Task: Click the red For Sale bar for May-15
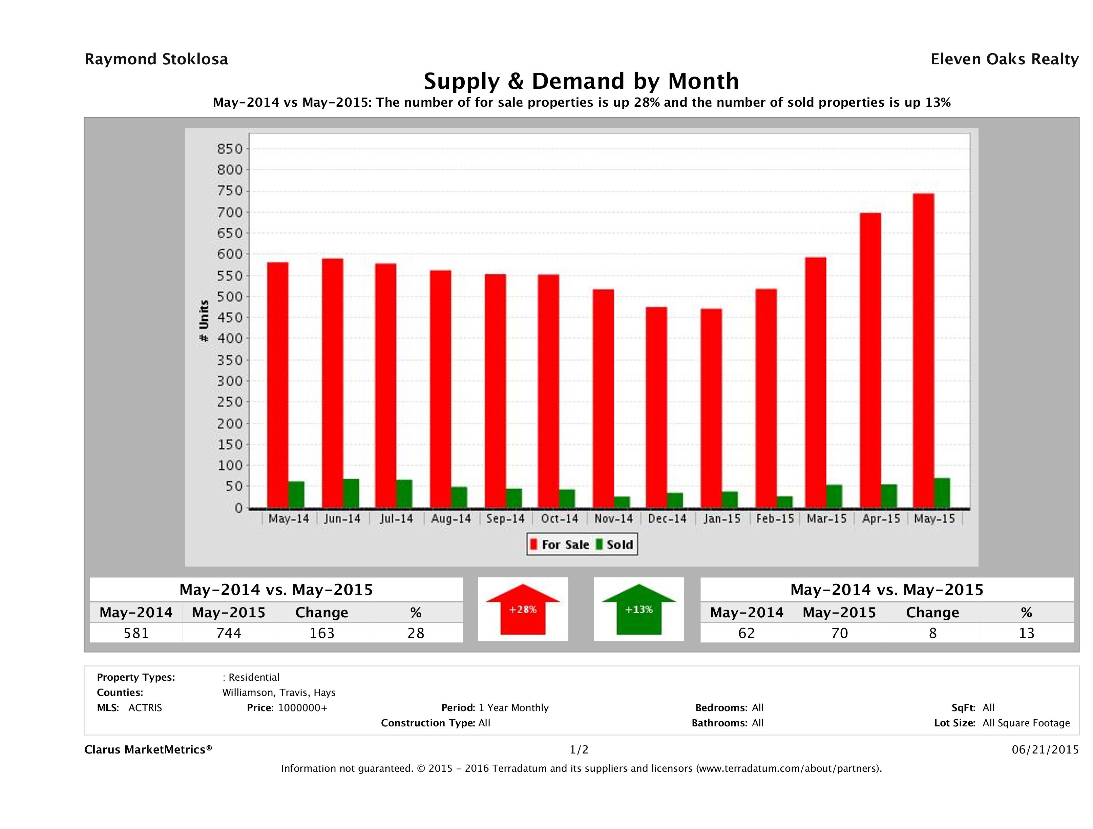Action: point(923,351)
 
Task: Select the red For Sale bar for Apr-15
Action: point(870,361)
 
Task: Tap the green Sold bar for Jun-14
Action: point(351,493)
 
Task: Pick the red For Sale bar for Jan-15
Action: point(711,408)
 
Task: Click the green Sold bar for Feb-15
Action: point(785,502)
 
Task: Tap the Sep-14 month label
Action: point(505,519)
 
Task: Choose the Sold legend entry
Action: point(615,545)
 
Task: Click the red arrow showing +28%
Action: point(523,609)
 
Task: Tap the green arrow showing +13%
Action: point(639,609)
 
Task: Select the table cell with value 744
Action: point(229,633)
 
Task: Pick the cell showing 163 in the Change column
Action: point(322,633)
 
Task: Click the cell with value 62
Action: point(746,633)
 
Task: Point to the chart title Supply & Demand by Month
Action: point(581,81)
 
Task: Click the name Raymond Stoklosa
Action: point(156,59)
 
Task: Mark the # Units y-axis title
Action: point(204,321)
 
